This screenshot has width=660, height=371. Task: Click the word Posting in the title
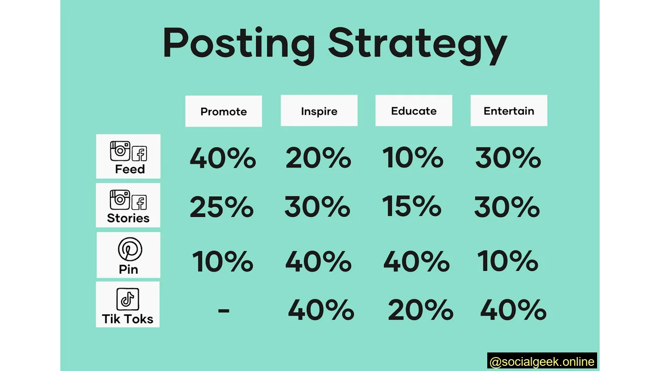[238, 44]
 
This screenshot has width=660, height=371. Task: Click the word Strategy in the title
[418, 44]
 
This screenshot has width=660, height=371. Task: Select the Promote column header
[224, 111]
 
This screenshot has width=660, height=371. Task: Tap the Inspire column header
[319, 111]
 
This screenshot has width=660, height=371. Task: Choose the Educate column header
[414, 111]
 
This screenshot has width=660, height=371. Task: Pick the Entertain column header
[509, 111]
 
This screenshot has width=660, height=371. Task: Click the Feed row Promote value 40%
[223, 158]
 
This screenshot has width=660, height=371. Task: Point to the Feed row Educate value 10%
[413, 157]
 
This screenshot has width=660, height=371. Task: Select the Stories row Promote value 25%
[222, 207]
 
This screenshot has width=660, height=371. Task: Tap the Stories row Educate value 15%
[412, 206]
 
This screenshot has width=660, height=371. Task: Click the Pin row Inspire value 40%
[318, 261]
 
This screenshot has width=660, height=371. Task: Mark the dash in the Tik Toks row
[223, 310]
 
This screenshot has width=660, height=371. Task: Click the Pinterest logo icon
[129, 249]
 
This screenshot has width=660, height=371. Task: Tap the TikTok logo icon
[127, 299]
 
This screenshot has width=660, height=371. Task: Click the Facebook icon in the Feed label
[140, 153]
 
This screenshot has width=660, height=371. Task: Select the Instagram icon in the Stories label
[120, 199]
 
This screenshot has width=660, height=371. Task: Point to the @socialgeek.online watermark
[542, 362]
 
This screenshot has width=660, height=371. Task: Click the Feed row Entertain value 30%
[508, 158]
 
